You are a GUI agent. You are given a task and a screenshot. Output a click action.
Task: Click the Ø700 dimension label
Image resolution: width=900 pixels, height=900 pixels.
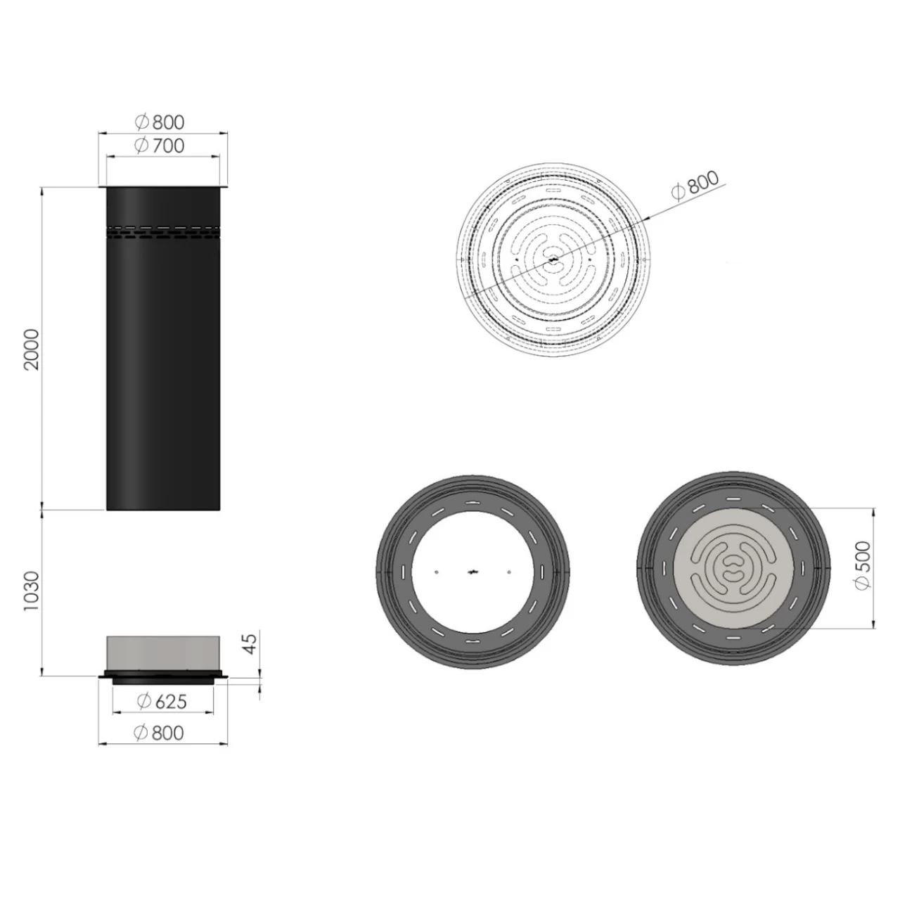click(x=160, y=146)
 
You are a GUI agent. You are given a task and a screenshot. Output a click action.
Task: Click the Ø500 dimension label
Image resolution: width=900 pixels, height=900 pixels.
click(x=861, y=566)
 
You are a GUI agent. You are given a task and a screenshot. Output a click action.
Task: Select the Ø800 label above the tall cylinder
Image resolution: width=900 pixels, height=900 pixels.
click(x=160, y=122)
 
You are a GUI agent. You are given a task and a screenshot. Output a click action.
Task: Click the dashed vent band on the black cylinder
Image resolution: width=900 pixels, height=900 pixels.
click(x=163, y=233)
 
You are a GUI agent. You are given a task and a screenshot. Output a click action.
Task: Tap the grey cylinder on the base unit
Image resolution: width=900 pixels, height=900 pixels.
click(x=163, y=652)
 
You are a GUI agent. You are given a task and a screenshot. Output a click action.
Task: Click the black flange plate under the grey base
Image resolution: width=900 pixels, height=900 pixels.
click(x=163, y=678)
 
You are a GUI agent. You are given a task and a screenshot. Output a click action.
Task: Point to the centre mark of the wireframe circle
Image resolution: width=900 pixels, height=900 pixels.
click(x=553, y=260)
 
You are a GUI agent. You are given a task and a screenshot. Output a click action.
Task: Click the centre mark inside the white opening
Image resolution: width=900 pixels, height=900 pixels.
click(x=472, y=572)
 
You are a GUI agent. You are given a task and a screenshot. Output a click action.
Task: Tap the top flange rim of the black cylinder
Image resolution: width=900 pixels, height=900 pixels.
click(x=163, y=187)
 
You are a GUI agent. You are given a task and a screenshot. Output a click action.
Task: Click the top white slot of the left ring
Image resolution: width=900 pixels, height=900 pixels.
click(x=472, y=502)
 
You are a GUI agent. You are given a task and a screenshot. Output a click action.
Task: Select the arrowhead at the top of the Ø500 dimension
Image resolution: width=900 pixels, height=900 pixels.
click(x=873, y=510)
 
